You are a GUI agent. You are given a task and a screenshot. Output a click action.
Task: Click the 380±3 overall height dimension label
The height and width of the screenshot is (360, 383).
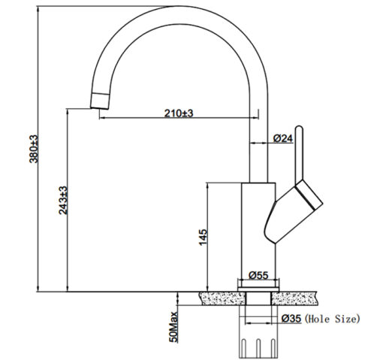(x=34, y=149)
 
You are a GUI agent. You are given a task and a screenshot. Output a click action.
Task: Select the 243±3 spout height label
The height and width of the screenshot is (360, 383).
(x=63, y=200)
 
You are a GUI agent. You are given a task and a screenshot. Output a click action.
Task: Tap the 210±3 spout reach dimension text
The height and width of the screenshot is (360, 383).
(x=179, y=113)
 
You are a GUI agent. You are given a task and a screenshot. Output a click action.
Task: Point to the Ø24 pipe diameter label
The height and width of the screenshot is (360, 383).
(x=283, y=138)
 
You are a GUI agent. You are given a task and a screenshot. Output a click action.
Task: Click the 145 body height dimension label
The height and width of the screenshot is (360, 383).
(x=204, y=237)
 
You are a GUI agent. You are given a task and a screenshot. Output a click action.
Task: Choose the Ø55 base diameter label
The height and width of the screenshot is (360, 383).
(x=258, y=275)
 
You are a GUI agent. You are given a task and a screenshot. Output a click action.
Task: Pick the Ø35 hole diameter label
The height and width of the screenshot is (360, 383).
(x=291, y=319)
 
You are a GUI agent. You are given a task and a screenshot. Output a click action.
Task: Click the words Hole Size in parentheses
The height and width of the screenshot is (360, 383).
(x=332, y=319)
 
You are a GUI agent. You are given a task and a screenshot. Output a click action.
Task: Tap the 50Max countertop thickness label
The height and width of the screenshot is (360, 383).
(x=173, y=327)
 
